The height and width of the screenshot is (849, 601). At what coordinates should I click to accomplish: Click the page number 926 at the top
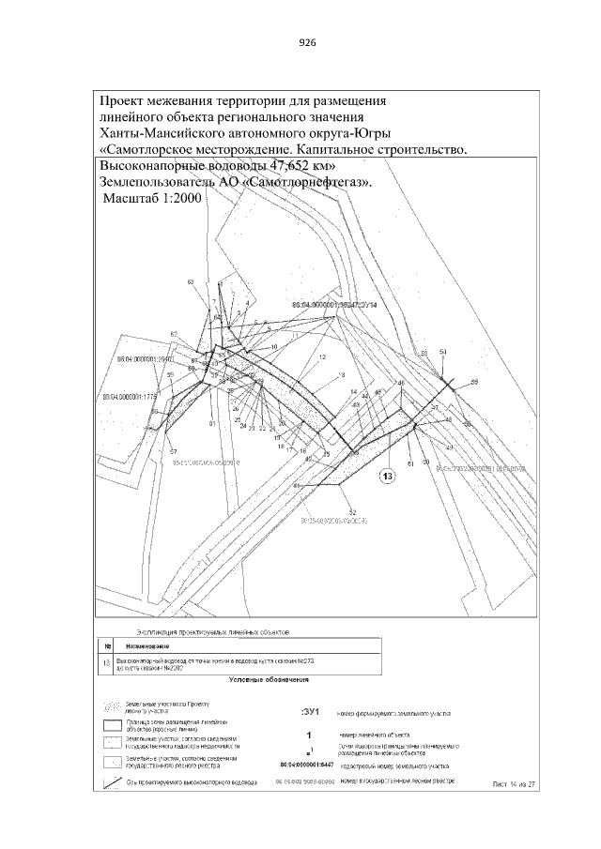tap(306, 43)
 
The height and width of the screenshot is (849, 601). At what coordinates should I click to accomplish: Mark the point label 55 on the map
tap(474, 382)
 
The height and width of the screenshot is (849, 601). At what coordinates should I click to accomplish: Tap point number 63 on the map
tap(191, 281)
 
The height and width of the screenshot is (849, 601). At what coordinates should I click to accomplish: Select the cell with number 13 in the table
tap(106, 663)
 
